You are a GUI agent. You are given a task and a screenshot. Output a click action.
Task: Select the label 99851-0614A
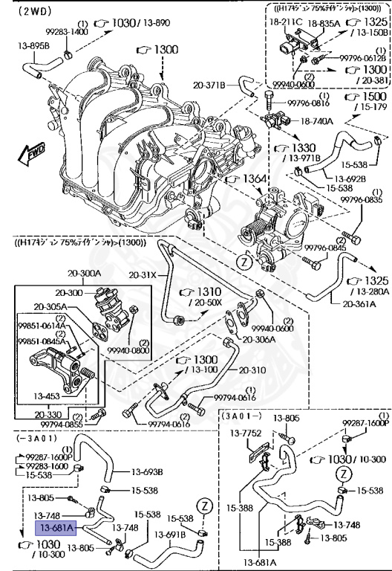coord(42,325)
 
